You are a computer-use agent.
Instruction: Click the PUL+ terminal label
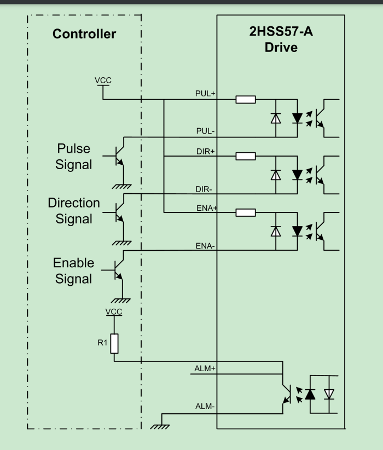tap(206, 94)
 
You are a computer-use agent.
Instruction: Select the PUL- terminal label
tap(206, 131)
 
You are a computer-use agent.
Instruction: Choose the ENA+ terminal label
tap(206, 208)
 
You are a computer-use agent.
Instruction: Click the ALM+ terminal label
tap(205, 368)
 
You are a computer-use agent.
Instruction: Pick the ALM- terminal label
tap(205, 407)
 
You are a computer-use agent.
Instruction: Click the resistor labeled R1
tap(114, 344)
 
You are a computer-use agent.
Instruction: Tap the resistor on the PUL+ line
tap(246, 100)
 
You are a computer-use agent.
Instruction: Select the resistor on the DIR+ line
tap(246, 156)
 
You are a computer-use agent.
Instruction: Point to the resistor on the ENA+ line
tap(246, 212)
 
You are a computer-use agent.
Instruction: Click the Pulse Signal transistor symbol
tap(119, 155)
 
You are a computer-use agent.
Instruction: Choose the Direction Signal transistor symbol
tap(119, 211)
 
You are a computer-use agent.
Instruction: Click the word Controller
tap(84, 34)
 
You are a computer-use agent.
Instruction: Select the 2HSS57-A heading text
tap(281, 33)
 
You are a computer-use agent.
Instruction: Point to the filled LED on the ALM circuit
tap(310, 394)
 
